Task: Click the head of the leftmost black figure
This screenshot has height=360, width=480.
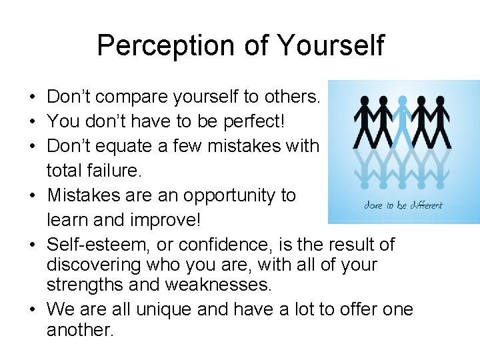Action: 363,101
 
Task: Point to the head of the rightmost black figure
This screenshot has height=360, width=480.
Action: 441,101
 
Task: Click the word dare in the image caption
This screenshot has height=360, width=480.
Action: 373,205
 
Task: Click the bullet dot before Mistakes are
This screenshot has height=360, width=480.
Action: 32,196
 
